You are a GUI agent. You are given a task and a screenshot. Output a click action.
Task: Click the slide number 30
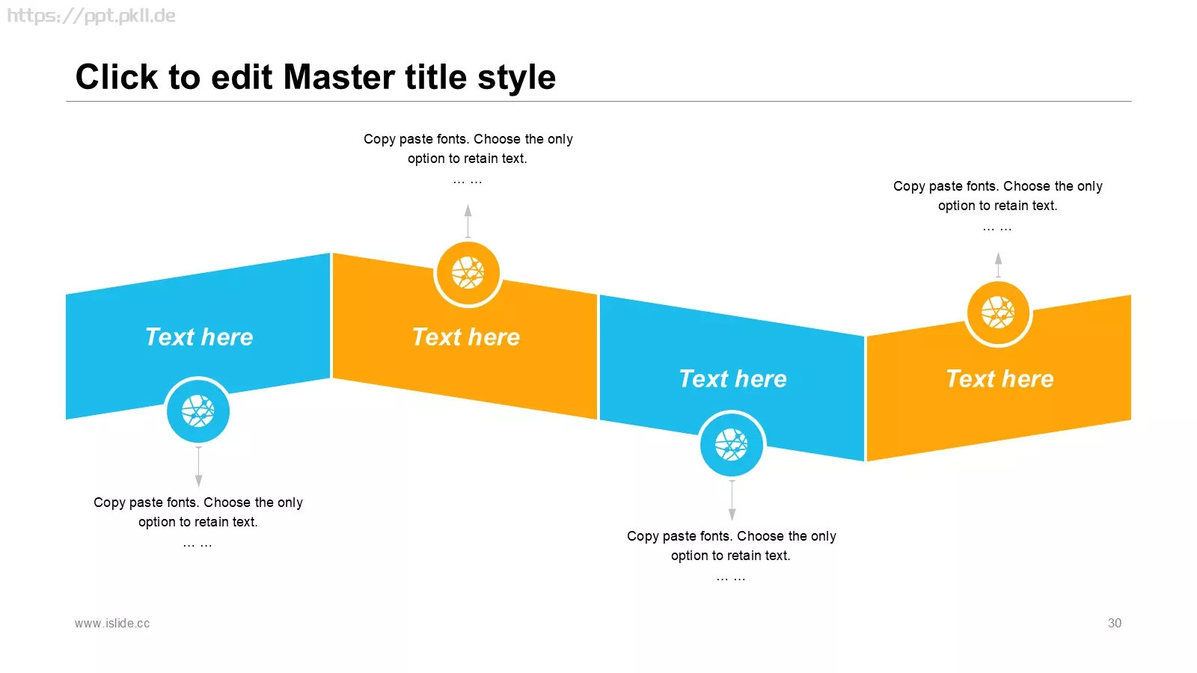tap(1114, 623)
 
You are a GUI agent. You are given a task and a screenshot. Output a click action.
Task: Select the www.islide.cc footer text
tap(112, 623)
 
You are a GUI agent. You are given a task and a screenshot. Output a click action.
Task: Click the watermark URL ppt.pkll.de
tap(91, 16)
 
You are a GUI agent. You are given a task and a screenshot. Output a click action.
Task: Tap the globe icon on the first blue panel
tap(198, 411)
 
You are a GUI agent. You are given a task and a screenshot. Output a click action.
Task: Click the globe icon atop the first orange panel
tap(468, 273)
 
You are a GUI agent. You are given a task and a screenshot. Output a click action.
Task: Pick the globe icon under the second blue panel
tap(732, 444)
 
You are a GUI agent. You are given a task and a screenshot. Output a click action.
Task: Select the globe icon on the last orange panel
tap(998, 313)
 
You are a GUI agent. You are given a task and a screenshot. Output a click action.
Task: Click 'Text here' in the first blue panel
tap(199, 337)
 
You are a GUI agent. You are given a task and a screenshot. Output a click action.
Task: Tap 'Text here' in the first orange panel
tap(466, 337)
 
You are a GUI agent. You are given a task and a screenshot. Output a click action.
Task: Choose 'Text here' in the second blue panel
tap(732, 378)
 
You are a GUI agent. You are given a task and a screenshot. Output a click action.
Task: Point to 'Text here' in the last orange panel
tap(999, 378)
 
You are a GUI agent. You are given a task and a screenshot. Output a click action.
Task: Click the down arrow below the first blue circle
tap(199, 467)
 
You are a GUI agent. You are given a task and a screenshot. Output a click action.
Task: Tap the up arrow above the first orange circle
tap(468, 221)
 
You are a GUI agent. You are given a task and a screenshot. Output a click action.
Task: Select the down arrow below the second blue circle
tap(732, 500)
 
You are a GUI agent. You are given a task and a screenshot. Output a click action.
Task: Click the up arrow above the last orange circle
tap(998, 265)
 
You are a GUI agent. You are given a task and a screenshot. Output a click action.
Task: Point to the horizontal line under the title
tap(598, 101)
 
